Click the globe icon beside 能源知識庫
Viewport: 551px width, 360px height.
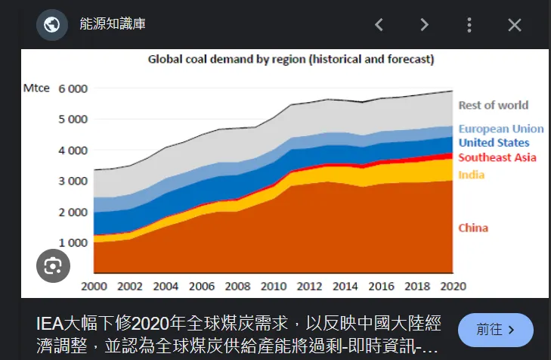(52, 25)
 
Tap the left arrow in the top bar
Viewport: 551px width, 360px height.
(379, 25)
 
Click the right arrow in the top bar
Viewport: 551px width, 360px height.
(424, 25)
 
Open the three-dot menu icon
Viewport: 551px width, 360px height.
(469, 25)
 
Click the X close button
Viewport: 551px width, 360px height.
(515, 25)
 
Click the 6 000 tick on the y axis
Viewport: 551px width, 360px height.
(73, 88)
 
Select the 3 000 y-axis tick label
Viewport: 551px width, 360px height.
(73, 181)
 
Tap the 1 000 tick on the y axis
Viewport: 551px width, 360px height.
(73, 243)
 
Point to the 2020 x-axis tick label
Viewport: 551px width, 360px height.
(453, 286)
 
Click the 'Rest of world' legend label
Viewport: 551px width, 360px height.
(493, 105)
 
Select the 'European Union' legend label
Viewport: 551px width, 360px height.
(500, 129)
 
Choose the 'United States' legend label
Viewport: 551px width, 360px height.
(494, 143)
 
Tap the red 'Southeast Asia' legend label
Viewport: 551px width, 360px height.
(497, 157)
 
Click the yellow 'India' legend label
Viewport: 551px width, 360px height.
(471, 175)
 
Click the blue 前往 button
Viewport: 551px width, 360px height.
(495, 330)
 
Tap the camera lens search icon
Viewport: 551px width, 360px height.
(53, 265)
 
